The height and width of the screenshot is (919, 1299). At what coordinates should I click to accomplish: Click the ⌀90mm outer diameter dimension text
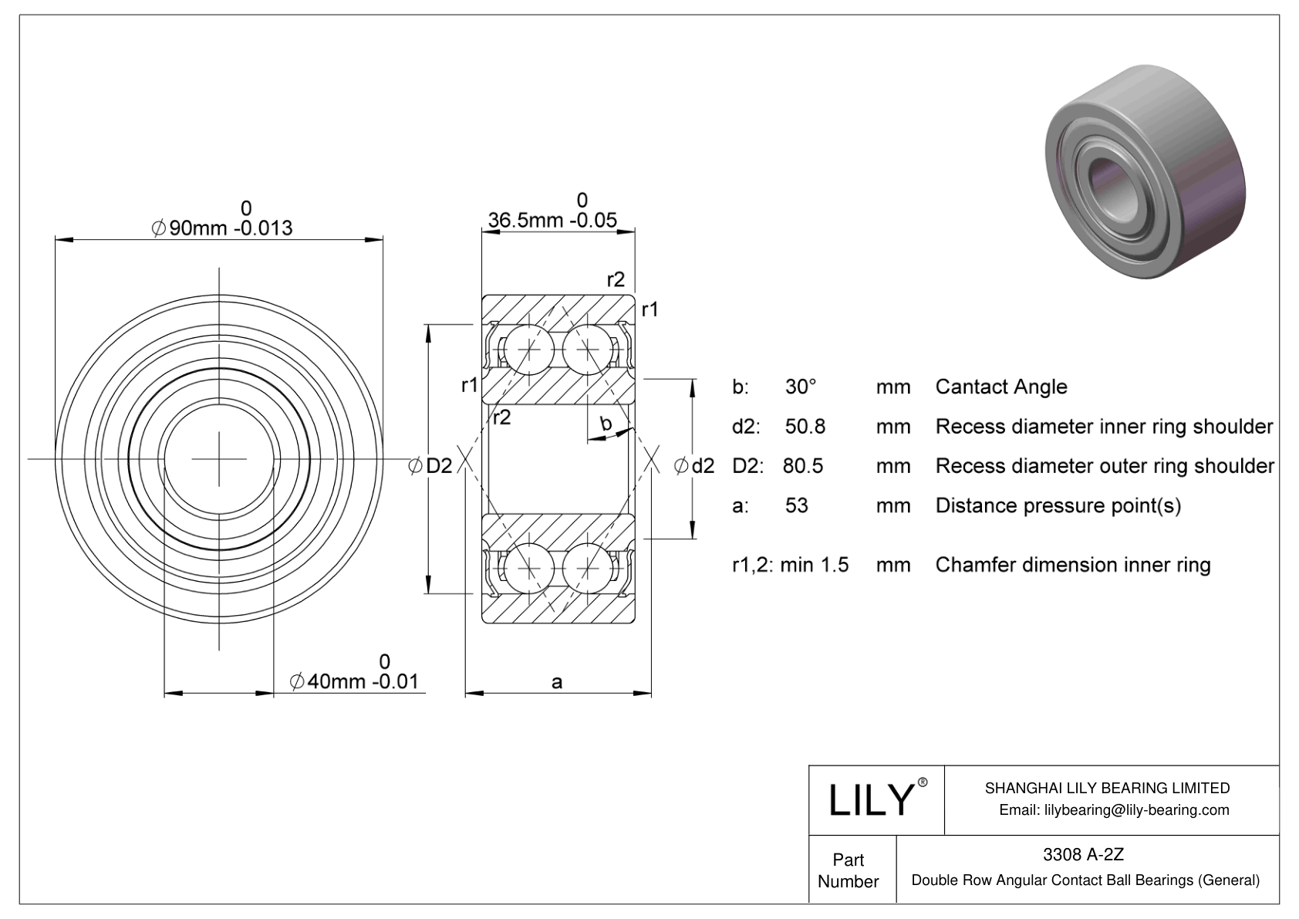click(223, 228)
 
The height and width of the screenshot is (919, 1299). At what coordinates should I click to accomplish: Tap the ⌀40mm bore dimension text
click(354, 681)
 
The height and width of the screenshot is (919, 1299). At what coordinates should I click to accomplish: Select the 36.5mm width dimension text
click(552, 220)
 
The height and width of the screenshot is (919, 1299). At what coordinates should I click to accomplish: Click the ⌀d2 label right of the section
click(694, 465)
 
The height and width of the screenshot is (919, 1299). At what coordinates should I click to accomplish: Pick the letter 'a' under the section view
click(557, 681)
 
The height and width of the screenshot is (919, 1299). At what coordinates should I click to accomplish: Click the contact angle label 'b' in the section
click(606, 423)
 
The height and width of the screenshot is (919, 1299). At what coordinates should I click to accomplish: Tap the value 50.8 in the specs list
click(805, 426)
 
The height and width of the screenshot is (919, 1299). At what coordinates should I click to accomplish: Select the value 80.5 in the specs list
click(803, 465)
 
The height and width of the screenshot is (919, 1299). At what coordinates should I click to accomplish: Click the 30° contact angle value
click(801, 387)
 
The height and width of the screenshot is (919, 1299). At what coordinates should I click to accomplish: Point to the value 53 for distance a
click(796, 505)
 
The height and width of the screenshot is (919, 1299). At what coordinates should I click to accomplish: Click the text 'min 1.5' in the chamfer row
click(814, 565)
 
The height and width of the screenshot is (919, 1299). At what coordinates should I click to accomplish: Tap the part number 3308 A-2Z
click(1083, 854)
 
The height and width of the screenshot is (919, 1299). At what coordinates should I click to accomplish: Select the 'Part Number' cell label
click(849, 870)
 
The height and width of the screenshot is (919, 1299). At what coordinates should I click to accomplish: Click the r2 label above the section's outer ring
click(615, 279)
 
